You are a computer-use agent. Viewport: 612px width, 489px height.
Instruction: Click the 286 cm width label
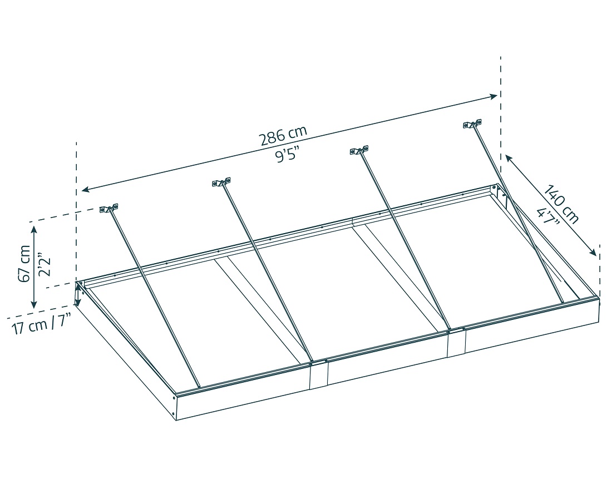point(283,135)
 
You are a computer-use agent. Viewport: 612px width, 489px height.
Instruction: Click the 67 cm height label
point(24,263)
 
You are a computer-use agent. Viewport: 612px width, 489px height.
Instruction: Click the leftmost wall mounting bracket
point(109,209)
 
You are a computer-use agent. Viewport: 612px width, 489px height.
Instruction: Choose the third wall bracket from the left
point(359,150)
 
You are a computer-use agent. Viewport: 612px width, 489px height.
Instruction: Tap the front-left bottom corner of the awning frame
point(175,418)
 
